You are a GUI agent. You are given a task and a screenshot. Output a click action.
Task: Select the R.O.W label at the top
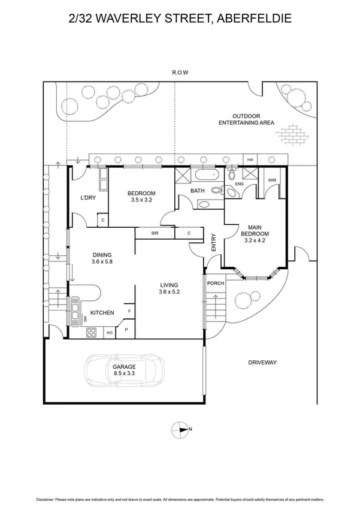[180, 73]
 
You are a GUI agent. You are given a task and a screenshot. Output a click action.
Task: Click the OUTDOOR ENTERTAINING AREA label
[246, 119]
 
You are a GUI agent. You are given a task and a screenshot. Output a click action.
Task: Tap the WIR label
[271, 180]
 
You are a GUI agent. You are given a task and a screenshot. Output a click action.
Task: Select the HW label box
[250, 160]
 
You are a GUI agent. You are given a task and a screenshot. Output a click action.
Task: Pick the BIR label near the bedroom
[155, 233]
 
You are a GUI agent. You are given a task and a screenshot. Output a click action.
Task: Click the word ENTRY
[213, 242]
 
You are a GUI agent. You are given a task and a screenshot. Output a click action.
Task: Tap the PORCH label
[214, 284]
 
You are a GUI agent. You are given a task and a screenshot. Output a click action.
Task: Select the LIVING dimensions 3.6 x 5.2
[170, 292]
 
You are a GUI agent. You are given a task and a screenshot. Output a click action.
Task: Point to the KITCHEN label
[102, 312]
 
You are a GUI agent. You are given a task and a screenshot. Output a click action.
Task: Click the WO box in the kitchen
[110, 332]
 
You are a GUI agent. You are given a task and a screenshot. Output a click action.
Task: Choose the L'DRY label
[89, 199]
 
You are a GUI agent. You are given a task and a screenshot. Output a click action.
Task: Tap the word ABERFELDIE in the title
[253, 20]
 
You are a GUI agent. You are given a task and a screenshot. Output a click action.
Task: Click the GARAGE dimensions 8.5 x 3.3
[124, 374]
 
